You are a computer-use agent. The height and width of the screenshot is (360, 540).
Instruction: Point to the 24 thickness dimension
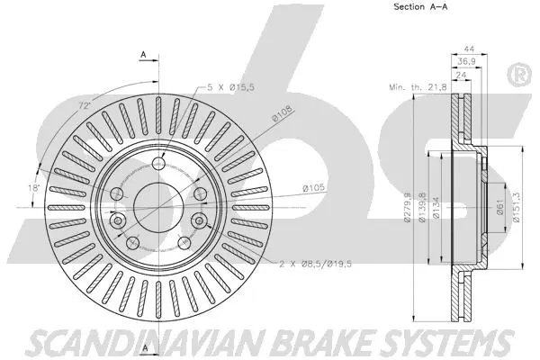(x=462, y=76)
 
